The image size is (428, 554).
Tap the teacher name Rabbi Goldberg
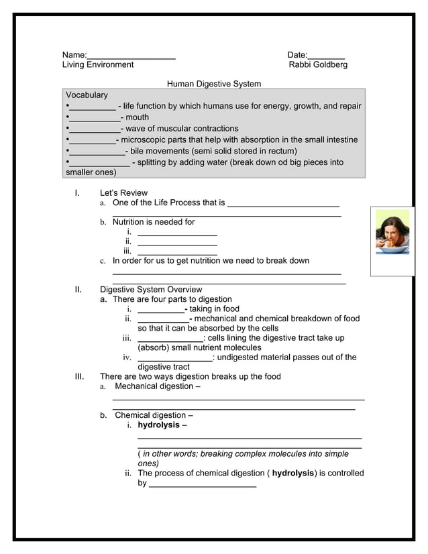[318, 64]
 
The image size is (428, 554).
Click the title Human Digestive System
[213, 84]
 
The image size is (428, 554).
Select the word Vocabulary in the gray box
[87, 95]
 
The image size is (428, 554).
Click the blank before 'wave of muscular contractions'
[95, 129]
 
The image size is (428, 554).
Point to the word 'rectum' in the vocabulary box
[280, 151]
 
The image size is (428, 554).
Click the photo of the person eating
[392, 232]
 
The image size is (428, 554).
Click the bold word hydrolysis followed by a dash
[159, 425]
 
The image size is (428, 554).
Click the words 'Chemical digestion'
[151, 415]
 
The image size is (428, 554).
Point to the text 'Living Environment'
[98, 64]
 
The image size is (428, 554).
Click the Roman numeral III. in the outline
[79, 376]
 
